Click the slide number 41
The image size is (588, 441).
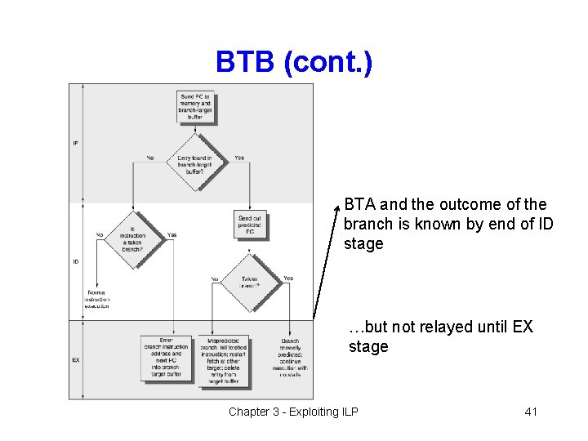coord(530,412)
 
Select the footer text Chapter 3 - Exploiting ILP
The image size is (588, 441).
coord(293,412)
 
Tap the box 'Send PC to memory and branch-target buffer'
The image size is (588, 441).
coord(194,108)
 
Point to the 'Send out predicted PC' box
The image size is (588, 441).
coord(250,224)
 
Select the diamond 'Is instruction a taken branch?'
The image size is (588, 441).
coord(131,240)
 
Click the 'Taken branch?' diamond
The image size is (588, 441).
coord(250,283)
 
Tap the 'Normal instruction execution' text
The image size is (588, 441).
coord(97,299)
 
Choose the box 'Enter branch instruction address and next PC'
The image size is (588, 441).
coord(166,358)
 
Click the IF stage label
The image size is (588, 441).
coord(76,143)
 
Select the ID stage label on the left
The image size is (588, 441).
coord(76,262)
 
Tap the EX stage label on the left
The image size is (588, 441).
coord(76,359)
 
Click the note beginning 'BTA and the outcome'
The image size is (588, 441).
coord(445,224)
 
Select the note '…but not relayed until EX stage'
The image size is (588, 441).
coord(441,336)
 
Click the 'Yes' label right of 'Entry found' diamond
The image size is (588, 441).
coord(238,158)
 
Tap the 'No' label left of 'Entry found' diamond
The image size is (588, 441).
coord(150,158)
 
